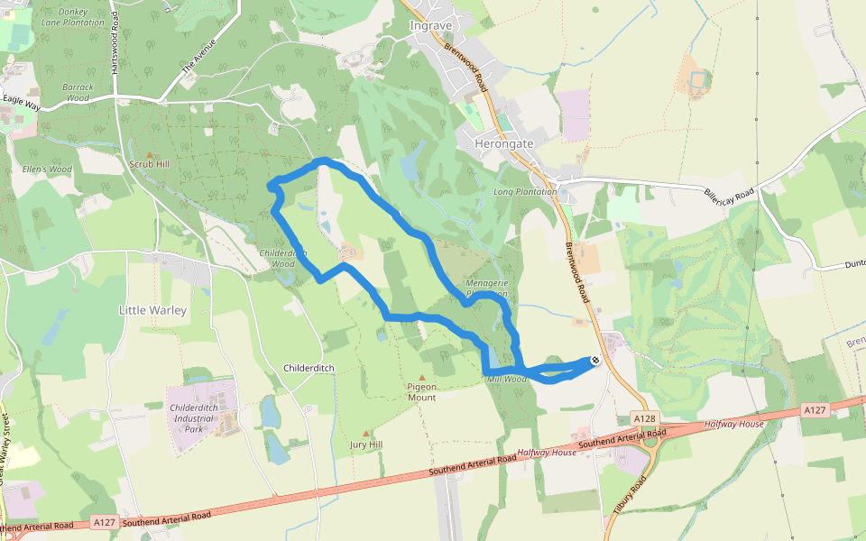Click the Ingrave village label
point(429,25)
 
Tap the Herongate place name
point(504,143)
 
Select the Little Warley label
point(152,310)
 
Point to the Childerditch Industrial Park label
point(201,418)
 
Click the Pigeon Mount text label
point(421,392)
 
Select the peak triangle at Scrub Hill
point(150,154)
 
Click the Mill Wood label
point(506,380)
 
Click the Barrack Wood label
point(78,92)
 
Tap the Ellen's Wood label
point(47,169)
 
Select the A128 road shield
point(643,419)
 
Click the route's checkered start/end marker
point(595,361)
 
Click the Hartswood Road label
point(115,50)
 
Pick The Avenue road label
point(199,57)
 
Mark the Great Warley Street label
point(5,451)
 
